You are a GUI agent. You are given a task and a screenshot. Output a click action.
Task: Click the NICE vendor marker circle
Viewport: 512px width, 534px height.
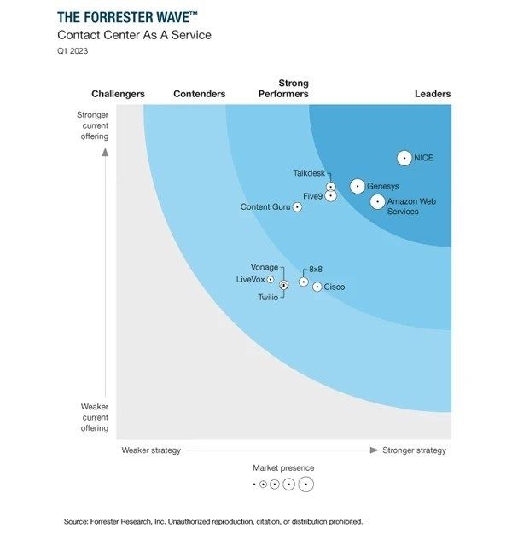(x=404, y=158)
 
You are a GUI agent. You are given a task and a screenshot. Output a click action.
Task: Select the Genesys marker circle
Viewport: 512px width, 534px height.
(x=358, y=186)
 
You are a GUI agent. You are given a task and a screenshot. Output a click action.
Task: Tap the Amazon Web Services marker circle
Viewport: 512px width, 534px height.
(x=377, y=202)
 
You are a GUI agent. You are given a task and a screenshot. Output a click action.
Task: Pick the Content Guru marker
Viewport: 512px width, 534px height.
(x=297, y=206)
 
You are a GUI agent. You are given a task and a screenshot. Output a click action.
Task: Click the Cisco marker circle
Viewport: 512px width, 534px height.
(x=317, y=287)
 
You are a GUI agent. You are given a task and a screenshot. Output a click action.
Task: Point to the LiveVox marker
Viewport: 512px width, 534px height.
(x=271, y=279)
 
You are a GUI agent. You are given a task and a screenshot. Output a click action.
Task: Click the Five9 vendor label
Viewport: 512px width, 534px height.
(x=313, y=196)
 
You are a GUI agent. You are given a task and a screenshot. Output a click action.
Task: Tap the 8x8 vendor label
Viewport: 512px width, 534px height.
(x=316, y=268)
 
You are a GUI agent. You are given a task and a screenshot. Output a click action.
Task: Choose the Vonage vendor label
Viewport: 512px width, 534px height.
(x=265, y=267)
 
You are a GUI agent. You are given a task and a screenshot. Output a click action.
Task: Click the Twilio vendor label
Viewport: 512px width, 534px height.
(x=268, y=297)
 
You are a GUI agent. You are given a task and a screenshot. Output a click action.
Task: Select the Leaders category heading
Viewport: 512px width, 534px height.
(x=433, y=94)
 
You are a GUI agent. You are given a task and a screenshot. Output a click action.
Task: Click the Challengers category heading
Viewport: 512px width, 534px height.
(x=118, y=94)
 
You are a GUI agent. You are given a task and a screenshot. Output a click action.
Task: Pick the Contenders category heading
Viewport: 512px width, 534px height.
(x=199, y=94)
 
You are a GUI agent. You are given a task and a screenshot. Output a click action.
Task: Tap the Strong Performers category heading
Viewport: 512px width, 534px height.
(x=283, y=89)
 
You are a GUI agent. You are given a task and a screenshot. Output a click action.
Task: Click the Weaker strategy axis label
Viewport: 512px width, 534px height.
(x=151, y=450)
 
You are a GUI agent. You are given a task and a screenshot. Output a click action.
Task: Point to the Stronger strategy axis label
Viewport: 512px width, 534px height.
(x=414, y=450)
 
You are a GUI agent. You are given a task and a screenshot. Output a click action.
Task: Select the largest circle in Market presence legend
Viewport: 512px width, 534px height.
(x=305, y=485)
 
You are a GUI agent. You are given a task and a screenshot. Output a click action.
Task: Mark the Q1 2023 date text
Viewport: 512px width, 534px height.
(x=73, y=51)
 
